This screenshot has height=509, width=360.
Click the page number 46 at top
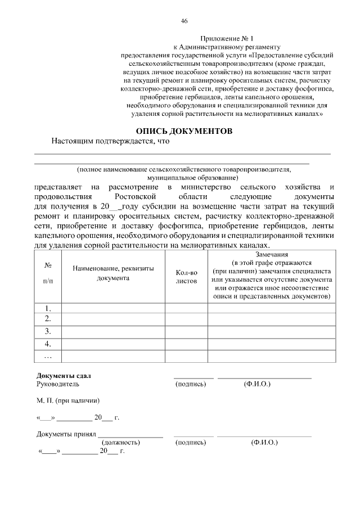click(x=183, y=21)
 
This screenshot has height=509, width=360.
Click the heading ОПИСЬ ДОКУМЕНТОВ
click(x=184, y=130)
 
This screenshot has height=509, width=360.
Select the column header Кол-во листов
click(x=186, y=276)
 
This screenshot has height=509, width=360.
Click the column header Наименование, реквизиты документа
click(x=113, y=274)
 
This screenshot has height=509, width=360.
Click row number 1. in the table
click(x=48, y=308)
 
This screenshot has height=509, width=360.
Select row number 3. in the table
click(x=48, y=331)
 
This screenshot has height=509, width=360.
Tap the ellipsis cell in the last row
click(x=48, y=355)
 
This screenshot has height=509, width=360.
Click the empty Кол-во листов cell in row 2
click(x=186, y=319)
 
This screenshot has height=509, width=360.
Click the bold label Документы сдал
click(x=63, y=376)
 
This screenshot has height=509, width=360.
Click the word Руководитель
click(x=58, y=384)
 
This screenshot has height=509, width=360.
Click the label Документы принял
click(x=66, y=434)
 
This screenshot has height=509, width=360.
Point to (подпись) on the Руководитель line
click(x=191, y=384)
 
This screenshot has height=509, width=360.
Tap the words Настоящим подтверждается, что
click(x=110, y=142)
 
